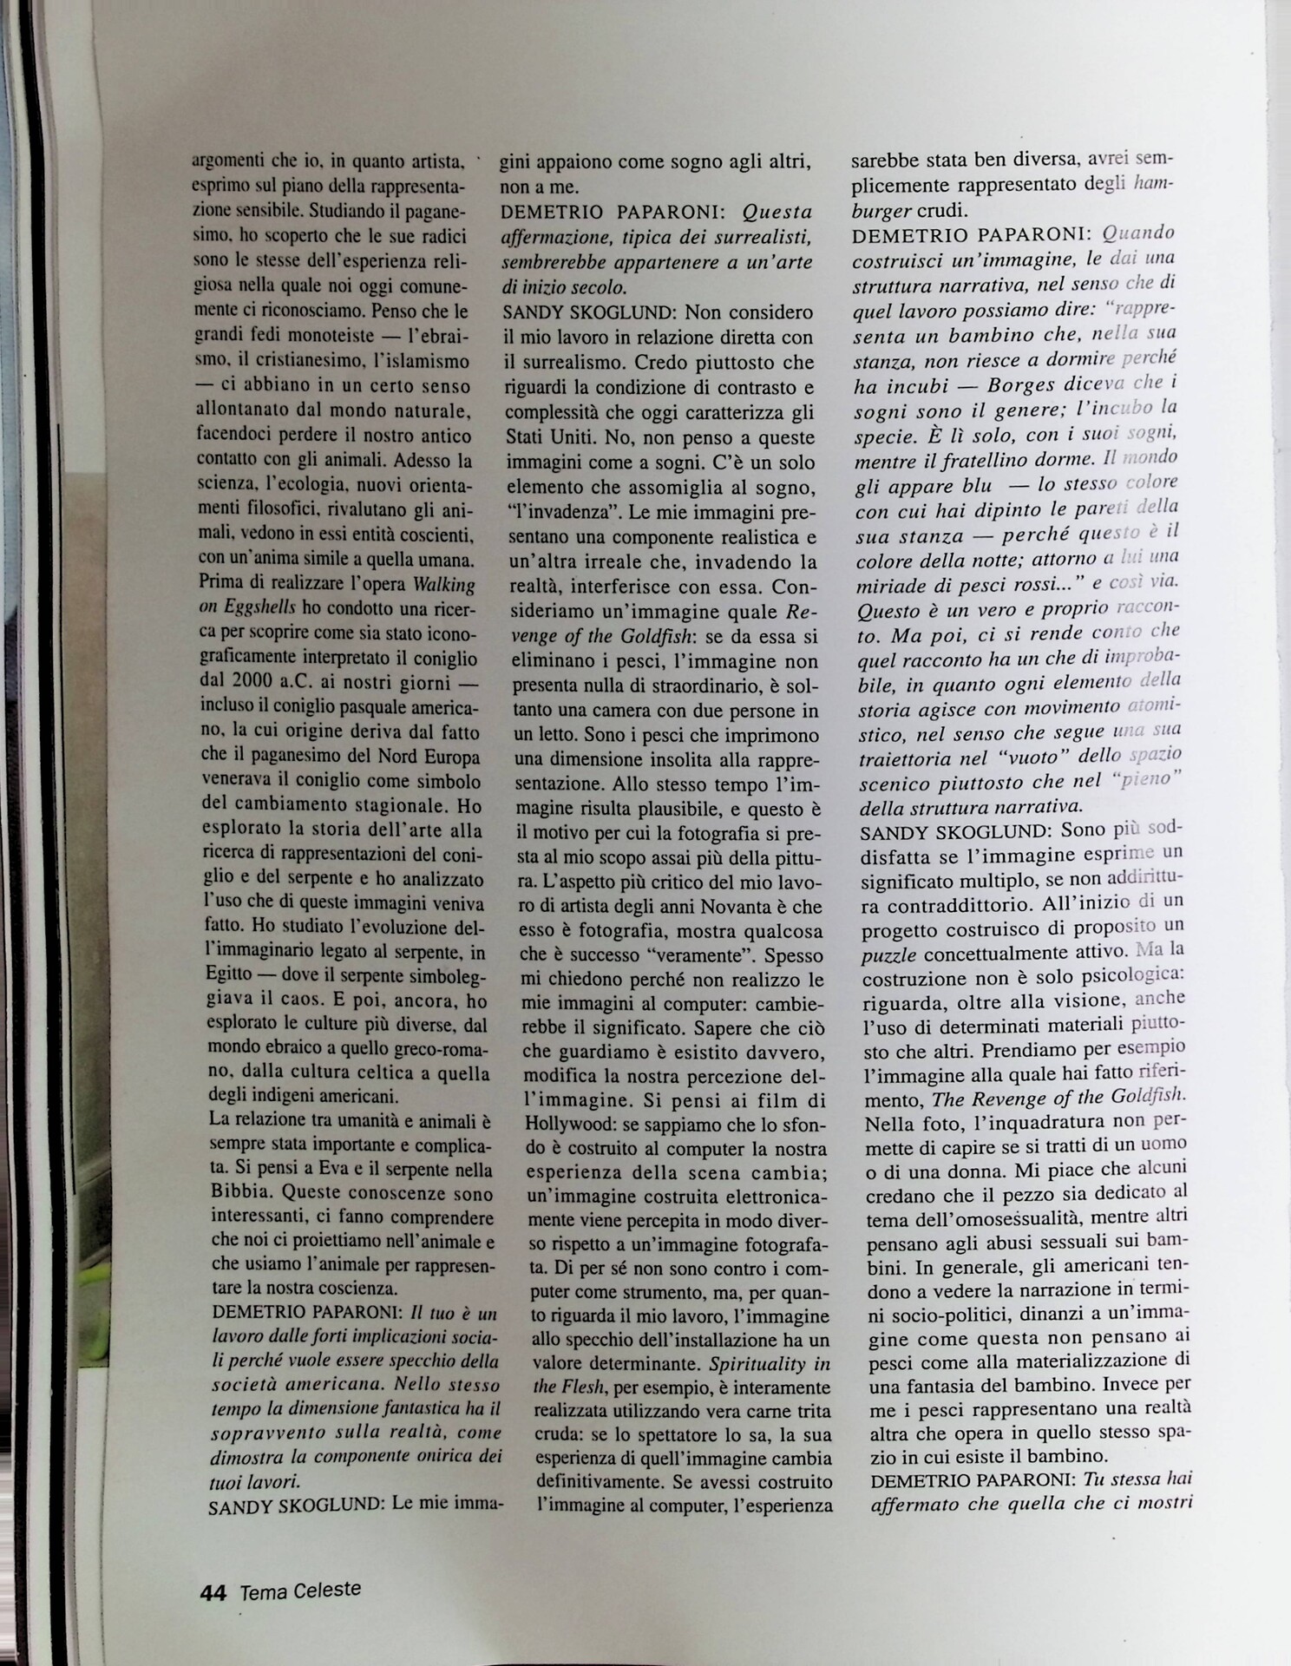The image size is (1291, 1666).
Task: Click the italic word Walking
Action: point(444,583)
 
